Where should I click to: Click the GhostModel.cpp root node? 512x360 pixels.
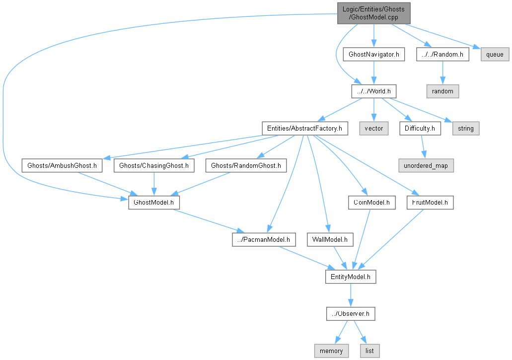click(x=373, y=13)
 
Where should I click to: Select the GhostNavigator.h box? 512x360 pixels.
click(x=374, y=54)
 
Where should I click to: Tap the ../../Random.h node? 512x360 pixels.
click(x=442, y=54)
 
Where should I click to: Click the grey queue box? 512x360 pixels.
click(x=495, y=54)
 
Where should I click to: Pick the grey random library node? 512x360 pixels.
click(x=442, y=91)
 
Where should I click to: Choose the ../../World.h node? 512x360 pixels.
click(x=374, y=91)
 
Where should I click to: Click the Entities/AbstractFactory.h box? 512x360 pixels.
click(x=305, y=128)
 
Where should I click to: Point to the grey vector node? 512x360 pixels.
click(x=374, y=128)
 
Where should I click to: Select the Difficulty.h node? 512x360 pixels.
click(x=420, y=128)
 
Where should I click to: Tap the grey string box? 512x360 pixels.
click(x=466, y=128)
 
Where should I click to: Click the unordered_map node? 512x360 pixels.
click(x=426, y=165)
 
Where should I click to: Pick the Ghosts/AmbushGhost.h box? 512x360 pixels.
click(x=62, y=165)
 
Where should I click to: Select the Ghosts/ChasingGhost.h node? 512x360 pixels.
click(x=154, y=165)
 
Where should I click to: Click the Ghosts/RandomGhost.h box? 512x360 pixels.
click(x=246, y=165)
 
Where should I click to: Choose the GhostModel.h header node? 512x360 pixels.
click(x=154, y=203)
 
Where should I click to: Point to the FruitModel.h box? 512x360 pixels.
click(x=430, y=203)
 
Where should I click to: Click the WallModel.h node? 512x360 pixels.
click(x=330, y=240)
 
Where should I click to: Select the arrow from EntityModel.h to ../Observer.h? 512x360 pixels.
click(x=351, y=295)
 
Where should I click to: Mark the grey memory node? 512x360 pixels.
click(x=331, y=351)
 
